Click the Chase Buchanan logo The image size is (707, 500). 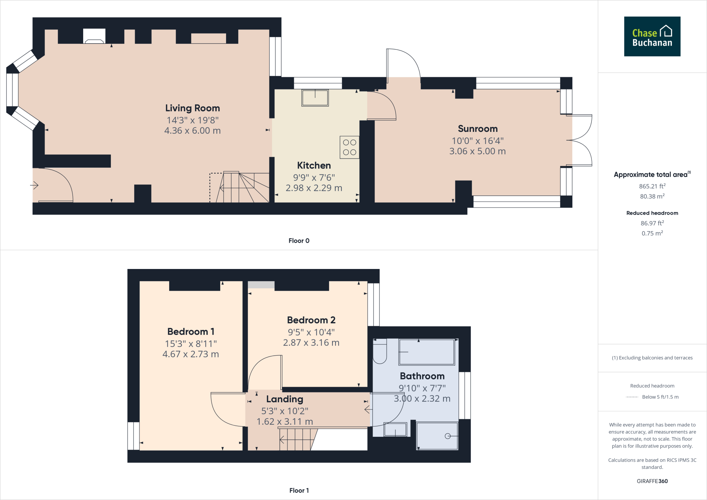click(x=652, y=36)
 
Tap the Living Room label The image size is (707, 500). click(x=193, y=108)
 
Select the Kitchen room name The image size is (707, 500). click(x=314, y=165)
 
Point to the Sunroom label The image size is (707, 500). click(x=478, y=129)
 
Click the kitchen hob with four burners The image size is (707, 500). click(x=349, y=147)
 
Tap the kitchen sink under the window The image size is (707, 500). click(x=315, y=98)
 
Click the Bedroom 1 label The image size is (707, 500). click(x=191, y=331)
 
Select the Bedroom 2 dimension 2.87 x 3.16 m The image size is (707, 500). click(x=311, y=343)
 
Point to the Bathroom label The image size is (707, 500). click(x=422, y=376)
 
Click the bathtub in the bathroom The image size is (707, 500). click(x=427, y=352)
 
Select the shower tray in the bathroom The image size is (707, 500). click(x=437, y=436)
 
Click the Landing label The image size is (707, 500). click(x=285, y=399)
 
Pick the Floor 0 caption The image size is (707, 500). click(x=299, y=241)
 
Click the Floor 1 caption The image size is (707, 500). click(x=299, y=490)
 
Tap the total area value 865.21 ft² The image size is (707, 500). click(x=652, y=186)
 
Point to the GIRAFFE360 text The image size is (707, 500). click(x=652, y=481)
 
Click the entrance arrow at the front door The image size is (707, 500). click(x=34, y=185)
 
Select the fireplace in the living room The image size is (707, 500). click(x=94, y=36)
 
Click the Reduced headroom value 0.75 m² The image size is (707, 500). click(x=652, y=233)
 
